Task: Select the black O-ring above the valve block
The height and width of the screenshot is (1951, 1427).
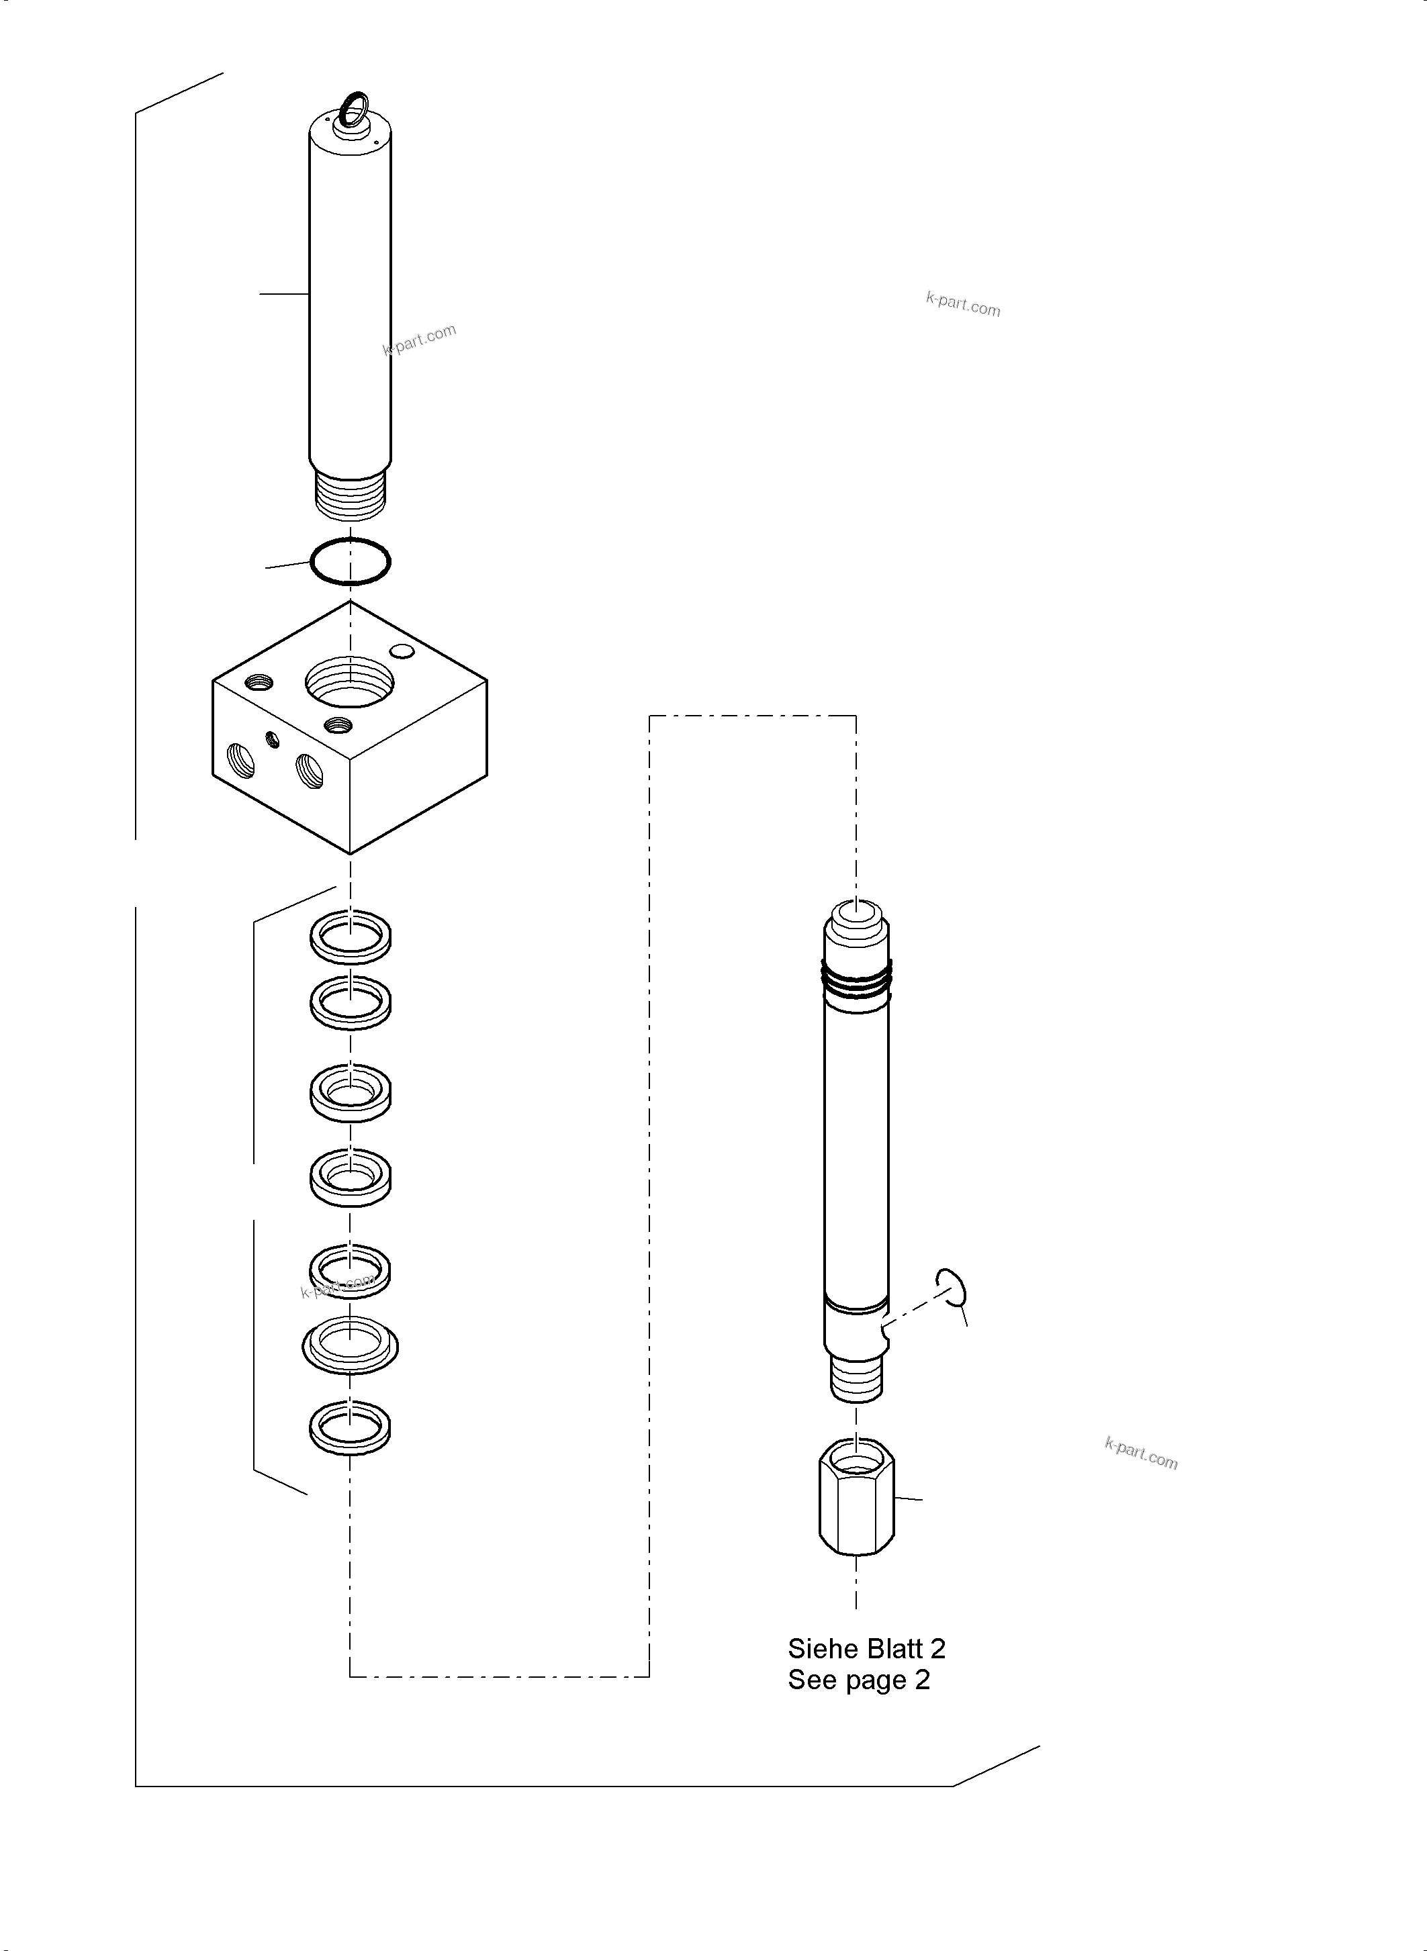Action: pyautogui.click(x=350, y=562)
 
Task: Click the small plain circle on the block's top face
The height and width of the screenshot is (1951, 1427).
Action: pyautogui.click(x=402, y=651)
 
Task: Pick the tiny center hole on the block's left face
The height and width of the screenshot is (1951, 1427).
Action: pyautogui.click(x=274, y=739)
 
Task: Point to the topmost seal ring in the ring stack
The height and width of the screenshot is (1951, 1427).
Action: pyautogui.click(x=350, y=936)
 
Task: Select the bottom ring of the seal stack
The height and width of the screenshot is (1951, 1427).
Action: pyautogui.click(x=350, y=1427)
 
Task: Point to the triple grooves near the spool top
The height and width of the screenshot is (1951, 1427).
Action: pyautogui.click(x=856, y=980)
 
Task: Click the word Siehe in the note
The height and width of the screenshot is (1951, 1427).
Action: pyautogui.click(x=815, y=1650)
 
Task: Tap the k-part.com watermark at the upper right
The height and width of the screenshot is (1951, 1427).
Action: pyautogui.click(x=963, y=304)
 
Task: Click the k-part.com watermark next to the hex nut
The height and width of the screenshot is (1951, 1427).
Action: pyautogui.click(x=1141, y=1454)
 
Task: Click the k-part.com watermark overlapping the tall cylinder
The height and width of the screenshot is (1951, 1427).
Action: pyautogui.click(x=419, y=340)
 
